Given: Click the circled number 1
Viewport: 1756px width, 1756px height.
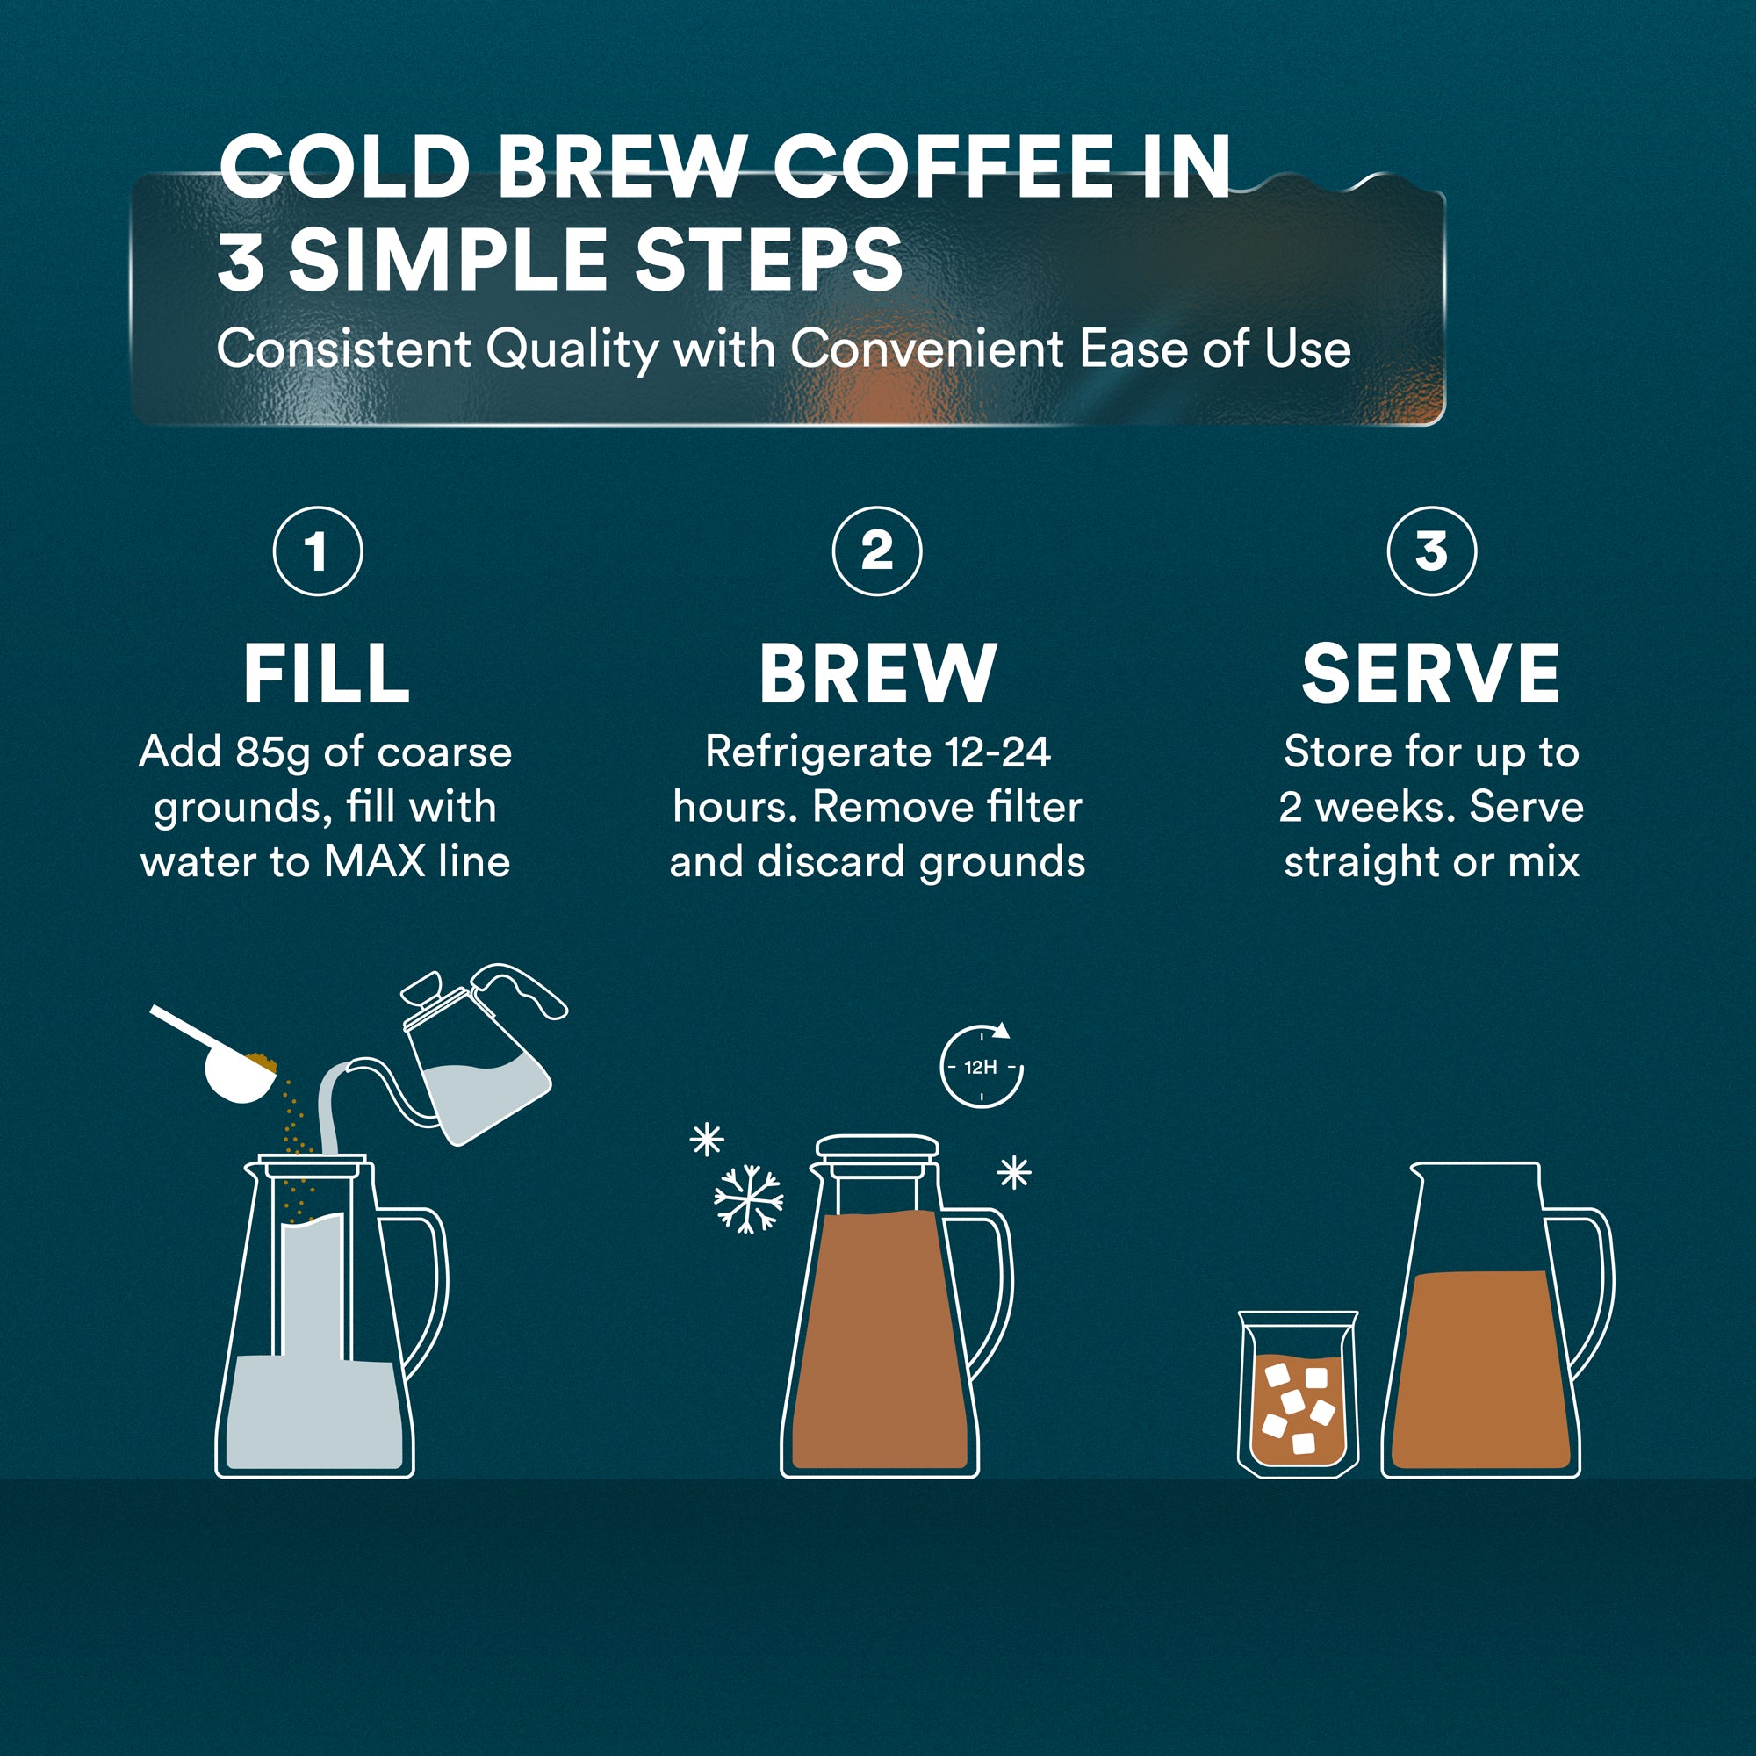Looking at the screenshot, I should (x=317, y=551).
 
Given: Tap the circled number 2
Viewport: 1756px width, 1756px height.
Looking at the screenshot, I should (x=876, y=551).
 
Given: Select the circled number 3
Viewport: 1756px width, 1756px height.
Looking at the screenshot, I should (x=1431, y=551).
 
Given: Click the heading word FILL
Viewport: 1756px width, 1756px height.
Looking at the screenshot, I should (x=327, y=673).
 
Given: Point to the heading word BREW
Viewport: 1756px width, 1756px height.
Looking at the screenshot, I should (x=877, y=673).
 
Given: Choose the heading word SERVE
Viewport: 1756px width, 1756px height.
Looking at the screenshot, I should (x=1430, y=673).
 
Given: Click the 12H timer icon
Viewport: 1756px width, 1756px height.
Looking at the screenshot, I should (x=981, y=1067).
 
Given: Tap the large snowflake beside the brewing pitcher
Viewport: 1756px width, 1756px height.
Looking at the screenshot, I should (x=747, y=1198).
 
